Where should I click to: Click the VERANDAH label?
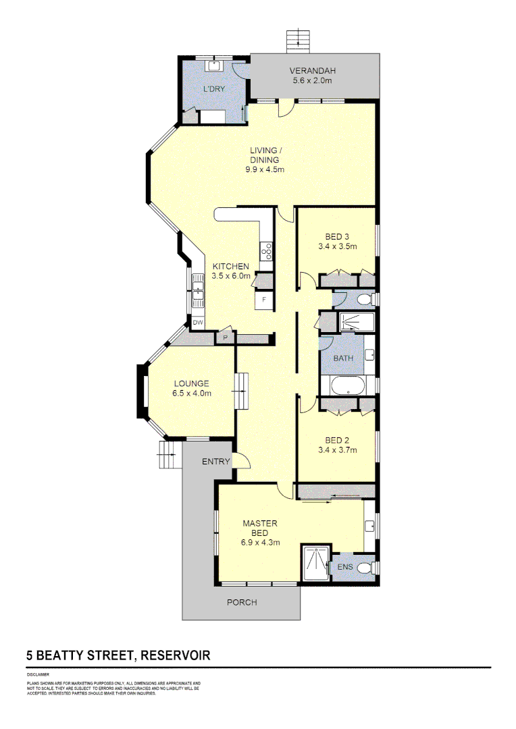tap(313, 71)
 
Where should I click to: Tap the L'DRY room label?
tap(215, 88)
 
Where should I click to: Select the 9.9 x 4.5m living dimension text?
tap(265, 169)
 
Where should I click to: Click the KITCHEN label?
tap(231, 266)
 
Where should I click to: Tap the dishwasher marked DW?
tap(198, 323)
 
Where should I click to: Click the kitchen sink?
tap(198, 292)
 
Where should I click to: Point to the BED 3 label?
tap(337, 236)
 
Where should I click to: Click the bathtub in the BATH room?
tap(347, 386)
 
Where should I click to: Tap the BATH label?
tap(343, 358)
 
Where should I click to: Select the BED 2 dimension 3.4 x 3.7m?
tap(337, 450)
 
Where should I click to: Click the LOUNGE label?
tap(190, 383)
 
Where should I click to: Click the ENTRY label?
tap(216, 462)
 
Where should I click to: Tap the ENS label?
tap(345, 567)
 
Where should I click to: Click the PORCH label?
tap(242, 602)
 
